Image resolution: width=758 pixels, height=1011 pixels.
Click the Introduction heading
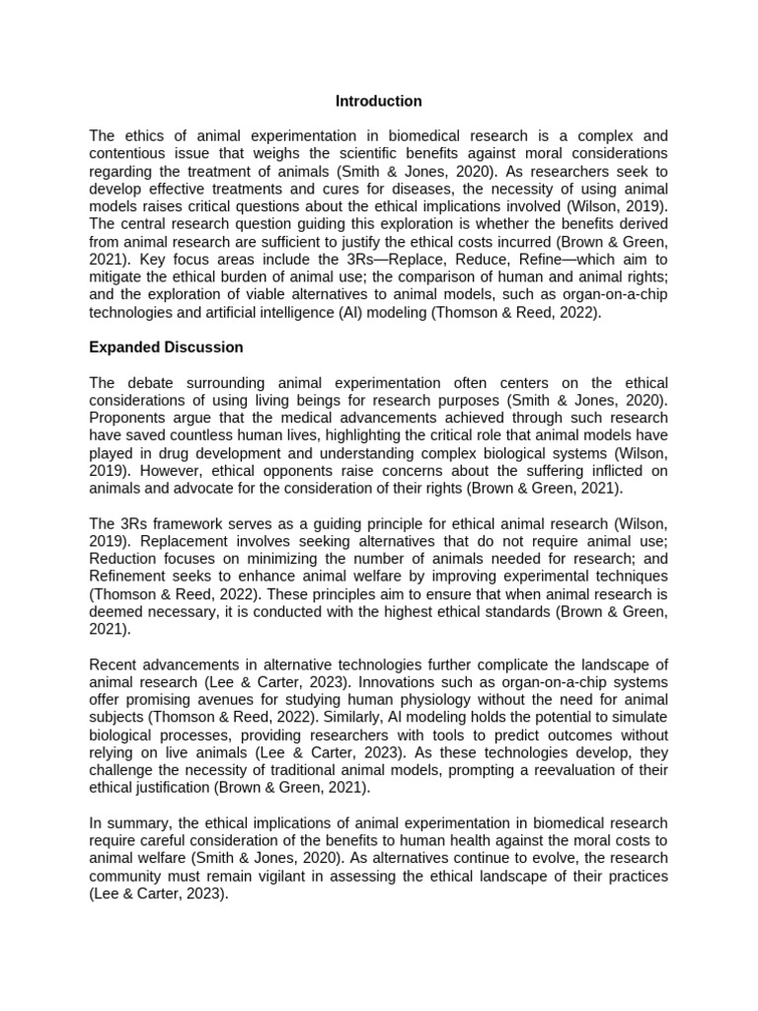[378, 101]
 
